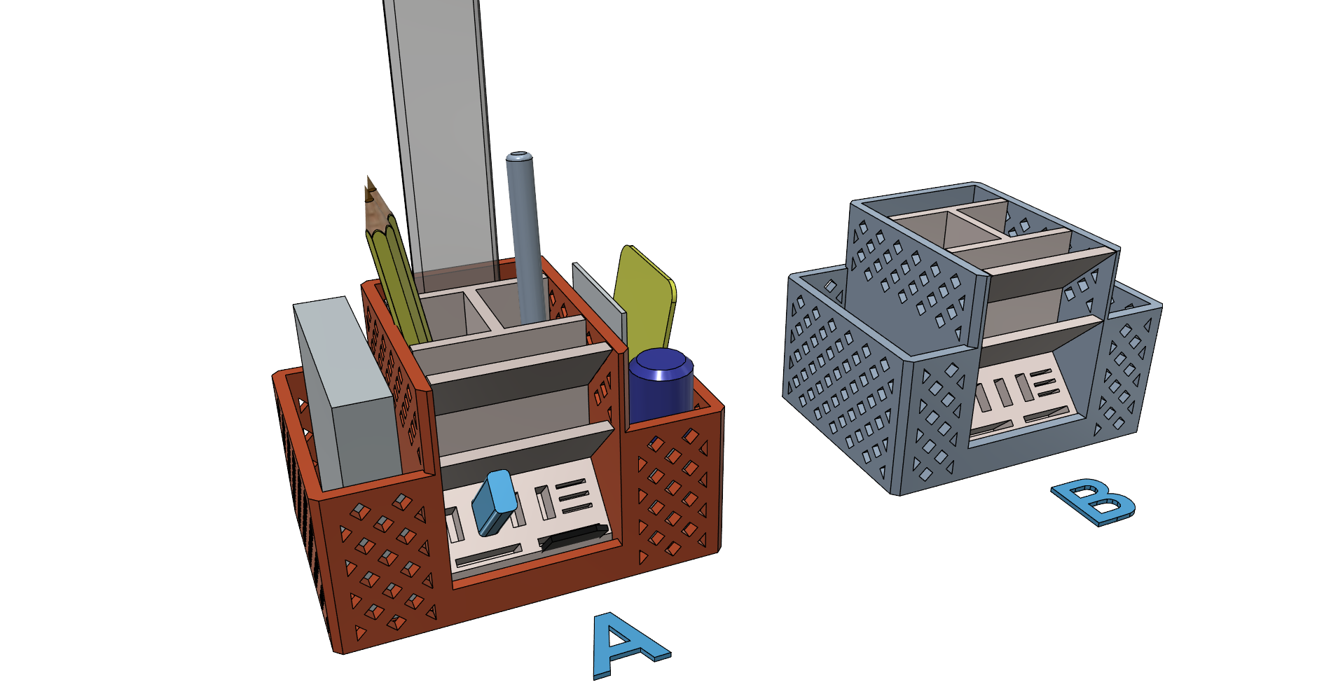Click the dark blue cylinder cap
(x=661, y=385)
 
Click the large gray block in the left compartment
(x=347, y=392)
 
